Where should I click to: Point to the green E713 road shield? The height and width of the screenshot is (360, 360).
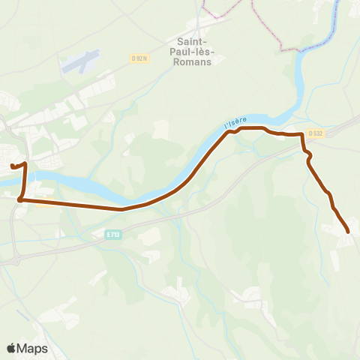pos(113,235)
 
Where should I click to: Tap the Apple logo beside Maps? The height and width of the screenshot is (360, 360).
pos(11,348)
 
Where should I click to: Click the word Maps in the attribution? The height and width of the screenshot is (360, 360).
pos(32,348)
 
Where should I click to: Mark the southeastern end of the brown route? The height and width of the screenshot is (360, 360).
pos(349,232)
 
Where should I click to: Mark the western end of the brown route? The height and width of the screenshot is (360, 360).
pos(12,166)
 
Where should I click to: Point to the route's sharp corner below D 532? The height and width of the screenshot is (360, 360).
pos(302,135)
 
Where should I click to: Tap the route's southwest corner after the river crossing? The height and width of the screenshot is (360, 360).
pos(20,199)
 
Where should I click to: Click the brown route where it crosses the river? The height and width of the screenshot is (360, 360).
pos(24,178)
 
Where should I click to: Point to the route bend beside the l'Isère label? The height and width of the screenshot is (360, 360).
pos(232,131)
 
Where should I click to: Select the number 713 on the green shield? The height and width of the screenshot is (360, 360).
pos(115,235)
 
